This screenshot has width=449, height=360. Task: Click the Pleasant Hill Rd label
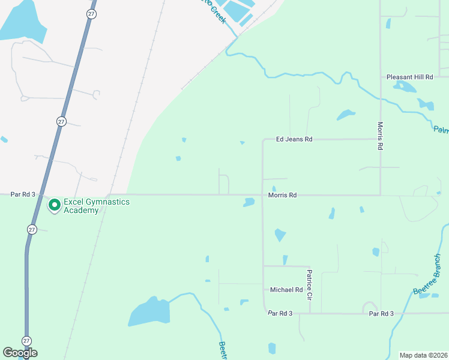410,77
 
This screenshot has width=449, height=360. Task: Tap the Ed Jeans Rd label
294,139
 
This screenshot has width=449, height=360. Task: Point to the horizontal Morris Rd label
282,196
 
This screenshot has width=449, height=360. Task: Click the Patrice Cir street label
310,285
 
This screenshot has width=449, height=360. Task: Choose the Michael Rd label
286,290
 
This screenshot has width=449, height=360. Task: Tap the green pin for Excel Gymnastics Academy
55,205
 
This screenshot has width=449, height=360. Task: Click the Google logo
20,353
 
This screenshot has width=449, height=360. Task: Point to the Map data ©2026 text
423,355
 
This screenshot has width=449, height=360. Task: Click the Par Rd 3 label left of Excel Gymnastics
23,194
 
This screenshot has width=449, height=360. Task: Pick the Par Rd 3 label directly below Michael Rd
280,313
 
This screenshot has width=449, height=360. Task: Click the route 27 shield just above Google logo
26,340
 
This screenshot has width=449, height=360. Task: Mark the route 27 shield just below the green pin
32,229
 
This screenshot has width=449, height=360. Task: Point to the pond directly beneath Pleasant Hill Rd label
405,86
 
